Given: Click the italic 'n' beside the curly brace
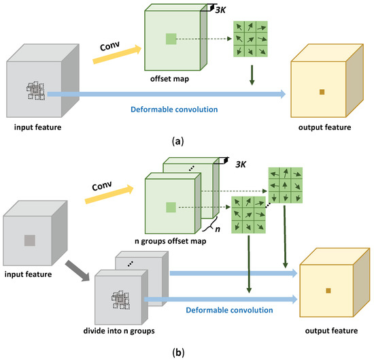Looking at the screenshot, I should click(218, 231).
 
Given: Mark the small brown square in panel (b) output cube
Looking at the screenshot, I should click(327, 291).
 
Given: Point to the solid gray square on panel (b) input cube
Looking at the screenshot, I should click(29, 240).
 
